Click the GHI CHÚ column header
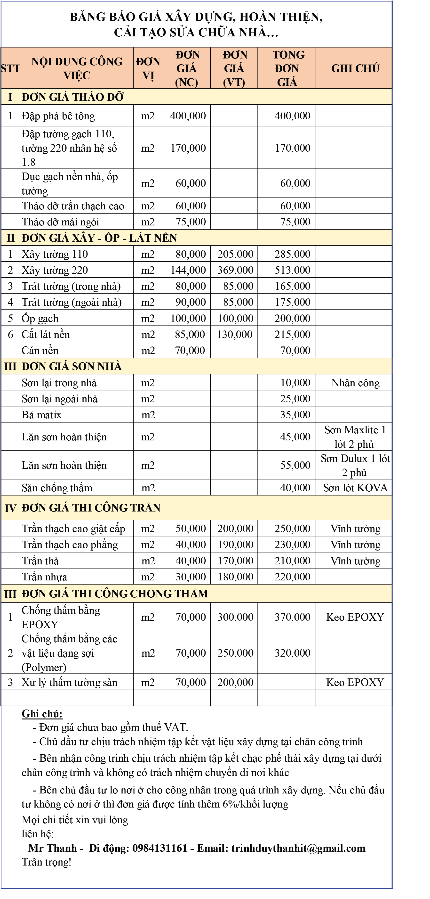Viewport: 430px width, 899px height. pyautogui.click(x=355, y=68)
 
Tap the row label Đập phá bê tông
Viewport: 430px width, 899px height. pyautogui.click(x=58, y=116)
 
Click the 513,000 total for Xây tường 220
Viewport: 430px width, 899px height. pyautogui.click(x=292, y=270)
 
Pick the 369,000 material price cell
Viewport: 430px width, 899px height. pyautogui.click(x=235, y=270)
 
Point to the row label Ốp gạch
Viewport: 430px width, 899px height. pyautogui.click(x=40, y=319)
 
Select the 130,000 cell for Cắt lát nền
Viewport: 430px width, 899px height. pyautogui.click(x=234, y=335)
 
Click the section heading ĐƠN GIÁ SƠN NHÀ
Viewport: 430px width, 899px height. pyautogui.click(x=72, y=366)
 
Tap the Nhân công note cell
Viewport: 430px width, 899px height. pyautogui.click(x=355, y=383)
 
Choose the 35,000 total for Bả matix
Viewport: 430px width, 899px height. pyautogui.click(x=295, y=415)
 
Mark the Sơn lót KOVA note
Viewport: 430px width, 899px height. pyautogui.click(x=355, y=488)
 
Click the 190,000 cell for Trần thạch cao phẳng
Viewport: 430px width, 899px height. pyautogui.click(x=235, y=545)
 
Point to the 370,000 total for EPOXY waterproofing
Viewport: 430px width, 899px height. pyautogui.click(x=292, y=617)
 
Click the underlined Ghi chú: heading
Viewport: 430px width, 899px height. pyautogui.click(x=42, y=714)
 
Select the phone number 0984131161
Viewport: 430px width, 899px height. pyautogui.click(x=160, y=848)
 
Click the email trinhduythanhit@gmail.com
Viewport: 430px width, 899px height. pyautogui.click(x=298, y=848)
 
